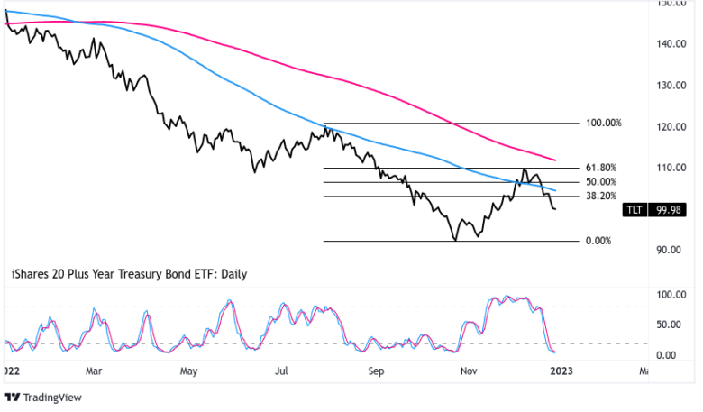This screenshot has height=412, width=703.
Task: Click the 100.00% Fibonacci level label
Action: click(603, 123)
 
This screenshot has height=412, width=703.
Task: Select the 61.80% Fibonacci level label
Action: click(600, 168)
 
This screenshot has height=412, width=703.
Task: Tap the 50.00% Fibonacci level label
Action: click(600, 181)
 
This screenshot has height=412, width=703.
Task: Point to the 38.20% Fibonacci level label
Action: click(600, 196)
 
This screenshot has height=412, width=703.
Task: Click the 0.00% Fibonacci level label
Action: click(598, 241)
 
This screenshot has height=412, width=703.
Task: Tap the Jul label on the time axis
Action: click(283, 370)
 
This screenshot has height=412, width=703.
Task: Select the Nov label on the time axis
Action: click(469, 370)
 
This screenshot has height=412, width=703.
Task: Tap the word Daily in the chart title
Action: click(230, 273)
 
